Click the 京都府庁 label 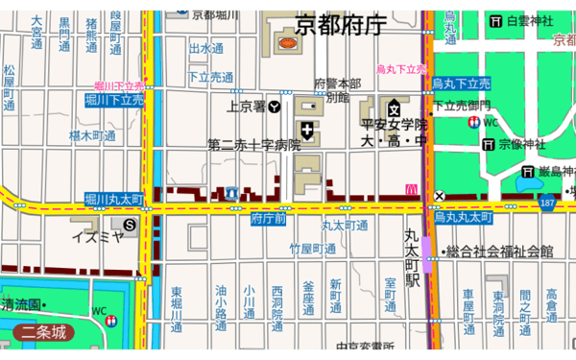[340, 25]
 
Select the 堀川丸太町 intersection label [114, 199]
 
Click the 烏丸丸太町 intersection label [463, 217]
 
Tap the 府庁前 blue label [268, 219]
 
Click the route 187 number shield [547, 204]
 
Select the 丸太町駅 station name [412, 258]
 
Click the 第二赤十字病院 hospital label [254, 145]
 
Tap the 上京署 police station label [247, 107]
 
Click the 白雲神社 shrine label [531, 21]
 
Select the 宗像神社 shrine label [522, 144]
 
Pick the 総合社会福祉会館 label [497, 252]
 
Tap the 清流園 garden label [20, 304]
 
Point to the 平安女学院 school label [394, 125]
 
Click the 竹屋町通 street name [314, 249]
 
